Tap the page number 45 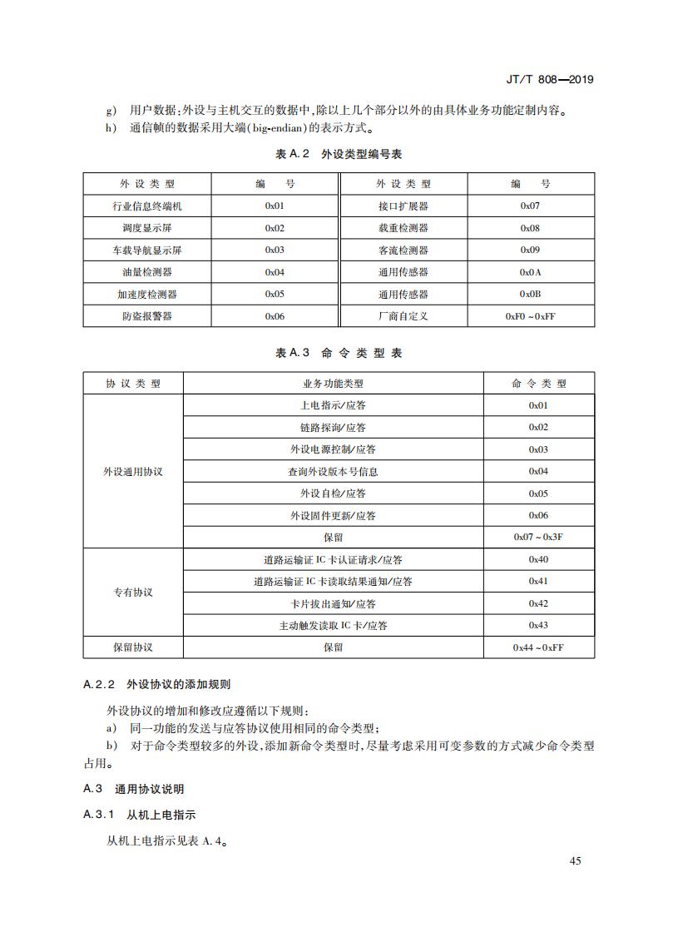click(575, 860)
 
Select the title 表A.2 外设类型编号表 click(339, 154)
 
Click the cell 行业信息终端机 click(146, 206)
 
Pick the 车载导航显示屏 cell click(146, 250)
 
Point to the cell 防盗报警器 click(146, 316)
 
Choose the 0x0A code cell click(530, 272)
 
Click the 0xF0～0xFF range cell click(530, 316)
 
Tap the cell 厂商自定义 click(403, 316)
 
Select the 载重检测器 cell click(403, 228)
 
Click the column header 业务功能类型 click(333, 384)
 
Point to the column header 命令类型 click(538, 384)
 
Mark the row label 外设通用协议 click(133, 471)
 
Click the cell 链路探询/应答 click(333, 428)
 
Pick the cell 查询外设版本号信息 click(333, 472)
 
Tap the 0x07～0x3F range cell click(538, 538)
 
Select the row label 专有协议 click(133, 593)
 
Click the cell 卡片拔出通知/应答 click(333, 603)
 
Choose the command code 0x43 click(538, 625)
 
